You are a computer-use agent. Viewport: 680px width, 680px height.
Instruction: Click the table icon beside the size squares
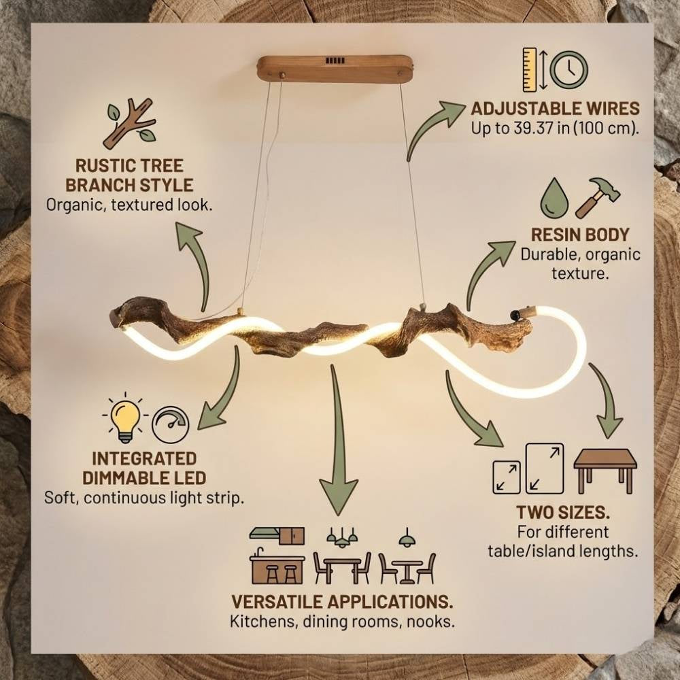coord(605,469)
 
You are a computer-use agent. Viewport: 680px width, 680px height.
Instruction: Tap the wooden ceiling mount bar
coord(335,69)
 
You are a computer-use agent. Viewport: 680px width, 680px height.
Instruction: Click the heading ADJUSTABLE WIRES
coord(555,109)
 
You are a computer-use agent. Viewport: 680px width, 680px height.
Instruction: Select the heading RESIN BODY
coord(580,235)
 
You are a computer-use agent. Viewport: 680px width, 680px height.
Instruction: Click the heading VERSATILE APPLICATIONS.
coord(342,602)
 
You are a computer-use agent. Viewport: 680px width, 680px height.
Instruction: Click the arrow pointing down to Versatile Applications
coord(338,449)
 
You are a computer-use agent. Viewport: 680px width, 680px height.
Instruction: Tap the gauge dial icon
coord(169,425)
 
